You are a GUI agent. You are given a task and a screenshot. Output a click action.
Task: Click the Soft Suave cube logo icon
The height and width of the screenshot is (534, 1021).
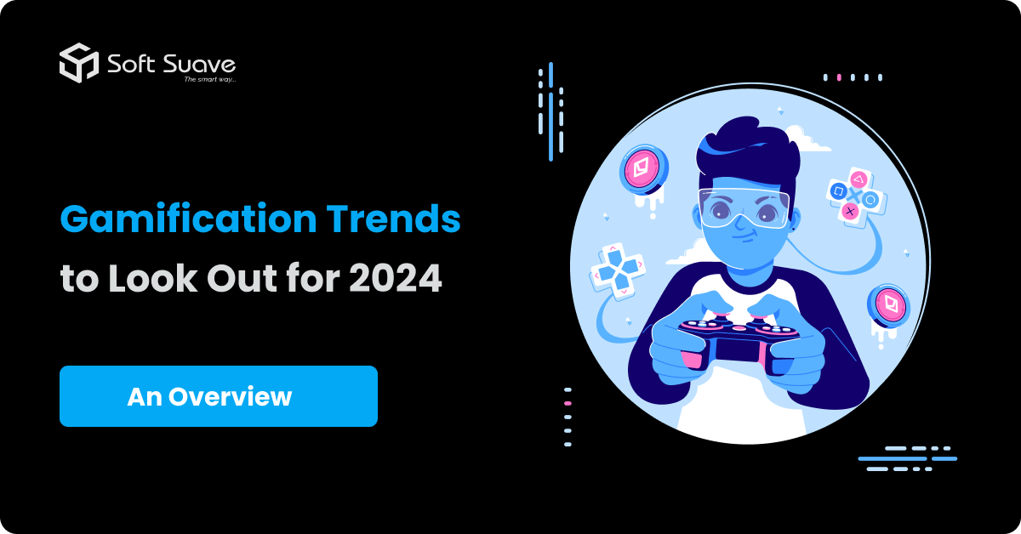(79, 62)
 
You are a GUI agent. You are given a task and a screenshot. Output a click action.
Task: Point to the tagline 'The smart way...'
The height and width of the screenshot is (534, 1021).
(209, 80)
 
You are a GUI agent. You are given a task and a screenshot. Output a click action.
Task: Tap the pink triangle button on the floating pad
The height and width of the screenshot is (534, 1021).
(858, 180)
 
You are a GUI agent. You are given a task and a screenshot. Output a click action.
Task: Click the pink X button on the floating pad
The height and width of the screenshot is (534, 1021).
(850, 211)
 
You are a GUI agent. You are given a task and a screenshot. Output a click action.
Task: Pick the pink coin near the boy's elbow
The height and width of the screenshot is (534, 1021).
(887, 305)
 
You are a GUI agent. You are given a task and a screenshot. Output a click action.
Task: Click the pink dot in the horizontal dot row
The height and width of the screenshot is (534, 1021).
(839, 77)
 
